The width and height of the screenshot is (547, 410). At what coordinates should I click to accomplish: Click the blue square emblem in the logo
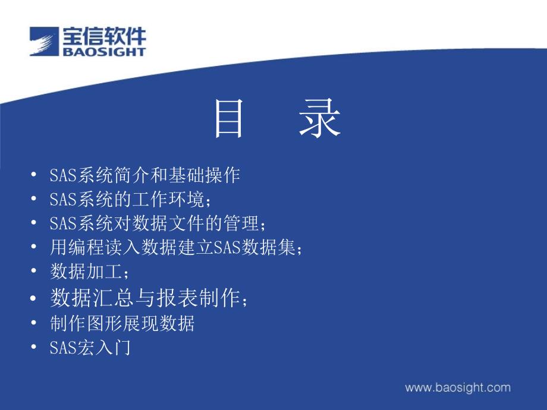tap(44, 41)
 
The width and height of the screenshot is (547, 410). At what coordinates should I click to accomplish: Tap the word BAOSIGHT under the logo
tap(104, 52)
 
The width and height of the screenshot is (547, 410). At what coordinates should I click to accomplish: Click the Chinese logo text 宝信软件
tap(104, 36)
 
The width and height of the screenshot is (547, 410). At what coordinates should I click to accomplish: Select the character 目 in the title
tap(228, 118)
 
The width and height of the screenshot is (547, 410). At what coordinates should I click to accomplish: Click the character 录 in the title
tap(319, 118)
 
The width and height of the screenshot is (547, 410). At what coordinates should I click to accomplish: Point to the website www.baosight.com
tap(458, 387)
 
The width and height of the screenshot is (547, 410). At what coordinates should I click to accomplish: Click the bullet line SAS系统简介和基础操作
tap(144, 175)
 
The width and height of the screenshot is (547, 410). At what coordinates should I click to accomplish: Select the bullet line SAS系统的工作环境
tap(130, 199)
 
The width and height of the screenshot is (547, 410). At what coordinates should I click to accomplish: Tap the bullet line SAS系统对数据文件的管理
tap(158, 223)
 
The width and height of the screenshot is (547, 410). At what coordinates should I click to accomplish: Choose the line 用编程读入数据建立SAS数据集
tap(176, 247)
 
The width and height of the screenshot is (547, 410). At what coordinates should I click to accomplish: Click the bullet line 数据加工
tap(89, 271)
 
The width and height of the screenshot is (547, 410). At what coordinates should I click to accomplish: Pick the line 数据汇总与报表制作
tap(149, 298)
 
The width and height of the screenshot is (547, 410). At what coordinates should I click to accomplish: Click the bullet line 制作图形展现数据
tap(122, 323)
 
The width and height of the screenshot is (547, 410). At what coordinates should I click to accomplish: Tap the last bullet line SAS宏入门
tap(90, 347)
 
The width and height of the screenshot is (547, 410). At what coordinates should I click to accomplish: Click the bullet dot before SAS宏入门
tap(33, 347)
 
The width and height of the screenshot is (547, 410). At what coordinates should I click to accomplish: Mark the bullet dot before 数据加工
tap(33, 270)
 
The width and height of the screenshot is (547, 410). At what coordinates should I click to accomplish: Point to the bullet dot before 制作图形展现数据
tap(33, 323)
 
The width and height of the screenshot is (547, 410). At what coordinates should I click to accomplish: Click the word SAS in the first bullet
tap(63, 175)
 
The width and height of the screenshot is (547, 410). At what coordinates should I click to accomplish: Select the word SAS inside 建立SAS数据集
tap(227, 248)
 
